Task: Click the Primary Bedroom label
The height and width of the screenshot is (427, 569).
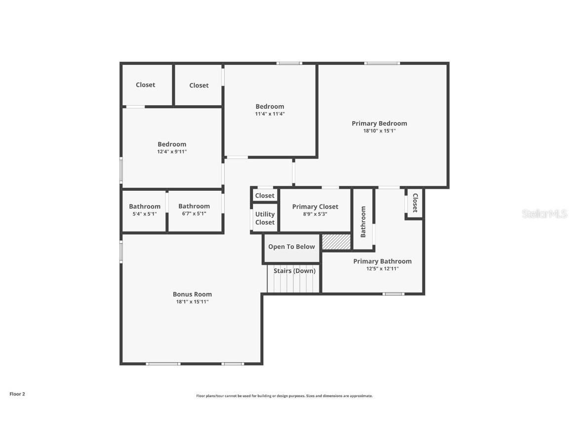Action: pos(379,124)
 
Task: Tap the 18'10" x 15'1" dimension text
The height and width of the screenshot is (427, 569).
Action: pos(379,131)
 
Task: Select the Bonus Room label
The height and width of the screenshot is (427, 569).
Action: pos(192,294)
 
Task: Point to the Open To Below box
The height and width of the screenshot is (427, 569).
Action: pos(291,247)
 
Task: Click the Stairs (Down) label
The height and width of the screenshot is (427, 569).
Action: pos(294,271)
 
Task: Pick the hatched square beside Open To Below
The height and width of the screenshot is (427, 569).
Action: pos(336,242)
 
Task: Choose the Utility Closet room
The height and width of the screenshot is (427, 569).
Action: pos(265,218)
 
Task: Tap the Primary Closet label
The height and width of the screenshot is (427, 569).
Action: pos(315,207)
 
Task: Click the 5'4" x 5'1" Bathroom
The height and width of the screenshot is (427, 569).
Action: pos(144,210)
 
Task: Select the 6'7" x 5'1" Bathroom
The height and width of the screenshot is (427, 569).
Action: pos(194,210)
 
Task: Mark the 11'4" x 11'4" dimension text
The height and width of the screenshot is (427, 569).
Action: pos(270,114)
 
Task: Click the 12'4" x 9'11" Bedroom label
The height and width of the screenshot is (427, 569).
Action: pos(172,144)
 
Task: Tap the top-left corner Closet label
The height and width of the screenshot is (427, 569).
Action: pos(145,85)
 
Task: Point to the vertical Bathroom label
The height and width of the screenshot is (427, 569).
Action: pos(363,222)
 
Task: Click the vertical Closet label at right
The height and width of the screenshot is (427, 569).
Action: pos(415,203)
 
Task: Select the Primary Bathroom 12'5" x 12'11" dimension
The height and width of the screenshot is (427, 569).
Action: pos(382,269)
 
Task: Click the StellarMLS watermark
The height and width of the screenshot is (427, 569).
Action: pos(544,213)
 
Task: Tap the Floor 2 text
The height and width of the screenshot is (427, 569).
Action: pos(17,394)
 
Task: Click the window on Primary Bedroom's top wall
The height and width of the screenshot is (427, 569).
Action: pos(382,63)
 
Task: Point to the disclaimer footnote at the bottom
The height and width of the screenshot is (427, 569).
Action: pos(284,396)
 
